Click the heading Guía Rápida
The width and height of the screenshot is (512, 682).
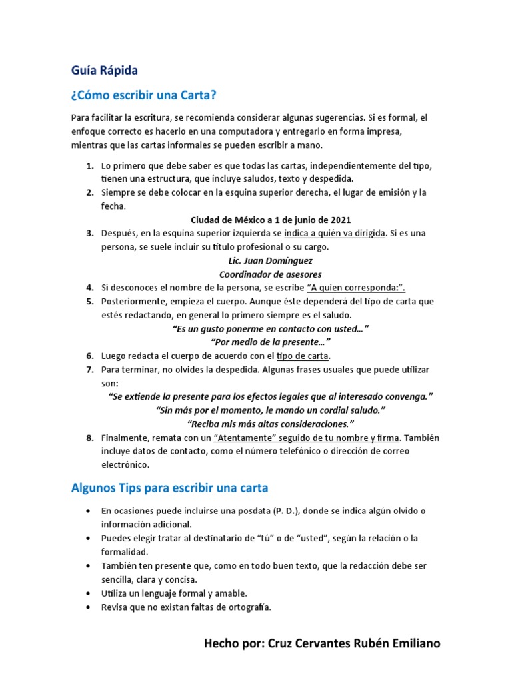tap(105, 70)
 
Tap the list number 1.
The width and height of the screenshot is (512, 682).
tap(89, 165)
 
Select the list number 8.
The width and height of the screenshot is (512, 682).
tap(89, 438)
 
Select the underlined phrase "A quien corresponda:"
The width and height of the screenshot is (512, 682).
tap(356, 288)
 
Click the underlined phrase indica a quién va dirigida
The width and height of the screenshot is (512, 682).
tap(335, 233)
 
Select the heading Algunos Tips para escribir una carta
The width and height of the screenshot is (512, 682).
tap(169, 488)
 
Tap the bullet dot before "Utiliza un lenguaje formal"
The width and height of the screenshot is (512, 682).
tap(89, 593)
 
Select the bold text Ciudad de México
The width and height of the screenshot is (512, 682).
tap(225, 220)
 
